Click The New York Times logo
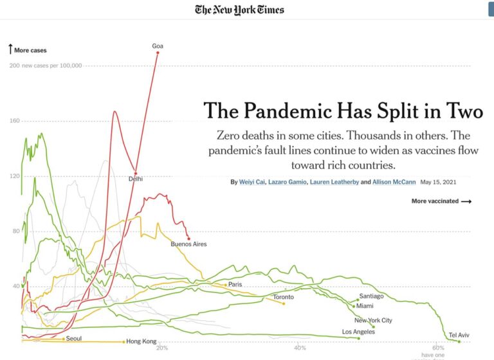pyautogui.click(x=239, y=10)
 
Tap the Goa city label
pyautogui.click(x=158, y=46)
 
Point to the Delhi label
pyautogui.click(x=136, y=179)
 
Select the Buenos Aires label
pyautogui.click(x=188, y=244)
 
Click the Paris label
pyautogui.click(x=235, y=284)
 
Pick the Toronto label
pyautogui.click(x=283, y=297)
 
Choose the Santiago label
pyautogui.click(x=371, y=296)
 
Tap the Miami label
pyautogui.click(x=365, y=306)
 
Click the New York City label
pyautogui.click(x=373, y=320)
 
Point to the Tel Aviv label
pyautogui.click(x=459, y=335)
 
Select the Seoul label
pyautogui.click(x=73, y=338)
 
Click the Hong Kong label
pyautogui.click(x=142, y=341)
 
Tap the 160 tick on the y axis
pyautogui.click(x=15, y=121)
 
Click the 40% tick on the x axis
pyautogui.click(x=300, y=348)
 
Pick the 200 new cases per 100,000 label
pyautogui.click(x=46, y=66)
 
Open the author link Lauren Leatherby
pyautogui.click(x=334, y=182)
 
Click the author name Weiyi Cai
pyautogui.click(x=251, y=182)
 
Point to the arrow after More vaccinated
pyautogui.click(x=466, y=201)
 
